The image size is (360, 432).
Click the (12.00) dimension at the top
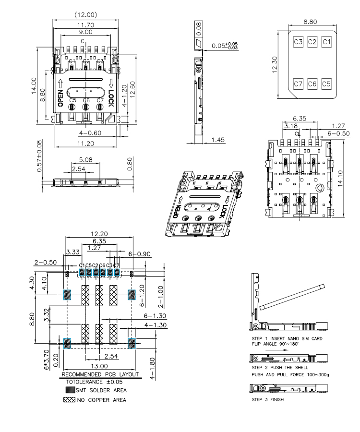[86, 14]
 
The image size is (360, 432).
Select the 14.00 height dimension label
[34, 86]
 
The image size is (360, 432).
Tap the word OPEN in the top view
[60, 98]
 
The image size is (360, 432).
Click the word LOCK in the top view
[111, 98]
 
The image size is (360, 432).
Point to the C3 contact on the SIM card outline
[298, 42]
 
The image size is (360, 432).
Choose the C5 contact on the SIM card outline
[326, 84]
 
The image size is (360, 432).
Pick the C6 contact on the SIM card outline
[312, 84]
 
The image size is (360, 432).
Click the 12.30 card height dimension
[275, 64]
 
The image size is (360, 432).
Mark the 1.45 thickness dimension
[218, 140]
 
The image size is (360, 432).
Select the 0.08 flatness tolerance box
[199, 29]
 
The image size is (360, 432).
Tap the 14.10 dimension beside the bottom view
[340, 178]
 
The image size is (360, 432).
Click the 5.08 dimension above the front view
[85, 160]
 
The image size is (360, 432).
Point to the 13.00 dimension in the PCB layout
[99, 366]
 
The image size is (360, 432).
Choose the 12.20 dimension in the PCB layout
[99, 234]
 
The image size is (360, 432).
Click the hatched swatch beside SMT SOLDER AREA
[70, 390]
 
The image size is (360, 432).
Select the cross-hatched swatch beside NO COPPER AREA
[69, 400]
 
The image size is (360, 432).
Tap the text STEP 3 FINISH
[268, 399]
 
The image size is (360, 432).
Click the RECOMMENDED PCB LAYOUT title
[100, 374]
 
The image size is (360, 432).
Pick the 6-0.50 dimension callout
[338, 133]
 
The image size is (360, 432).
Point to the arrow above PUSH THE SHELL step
[277, 350]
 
